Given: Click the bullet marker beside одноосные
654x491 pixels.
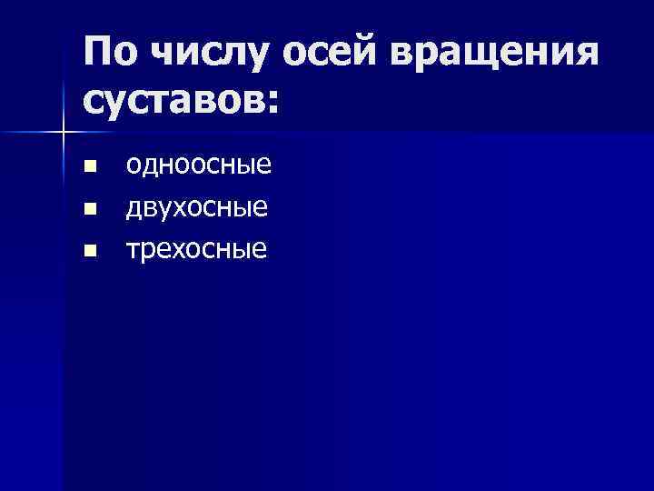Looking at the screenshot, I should click(x=88, y=166).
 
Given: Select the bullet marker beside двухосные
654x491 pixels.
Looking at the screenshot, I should click(x=88, y=209).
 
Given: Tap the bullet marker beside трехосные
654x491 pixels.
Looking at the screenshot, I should click(x=88, y=250).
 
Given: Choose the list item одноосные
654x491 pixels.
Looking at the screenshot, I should click(x=199, y=165).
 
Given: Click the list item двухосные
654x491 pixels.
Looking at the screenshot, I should click(x=197, y=208).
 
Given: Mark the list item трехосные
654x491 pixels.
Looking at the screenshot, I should click(x=197, y=249).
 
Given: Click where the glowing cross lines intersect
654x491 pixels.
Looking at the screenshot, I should click(x=63, y=133).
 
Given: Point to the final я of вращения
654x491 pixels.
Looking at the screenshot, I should click(x=587, y=58).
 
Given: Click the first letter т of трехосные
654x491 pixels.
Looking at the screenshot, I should click(x=134, y=250).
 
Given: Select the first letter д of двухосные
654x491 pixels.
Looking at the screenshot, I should click(x=134, y=209).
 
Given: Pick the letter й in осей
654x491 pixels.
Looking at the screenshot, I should click(x=365, y=55).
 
